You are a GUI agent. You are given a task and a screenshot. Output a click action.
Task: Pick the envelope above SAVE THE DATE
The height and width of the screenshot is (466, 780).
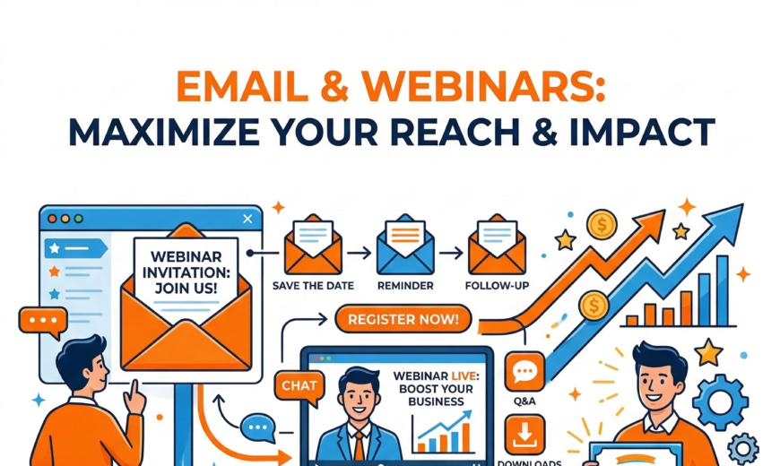312,247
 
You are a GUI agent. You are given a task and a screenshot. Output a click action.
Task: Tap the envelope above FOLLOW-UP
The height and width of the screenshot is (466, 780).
496,247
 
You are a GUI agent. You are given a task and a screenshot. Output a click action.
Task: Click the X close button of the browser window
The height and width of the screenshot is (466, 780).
248,218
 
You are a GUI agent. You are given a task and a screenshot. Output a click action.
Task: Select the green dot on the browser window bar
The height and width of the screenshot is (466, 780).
78,218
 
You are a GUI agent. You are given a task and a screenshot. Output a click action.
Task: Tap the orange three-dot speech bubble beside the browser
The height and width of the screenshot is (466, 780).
42,320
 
